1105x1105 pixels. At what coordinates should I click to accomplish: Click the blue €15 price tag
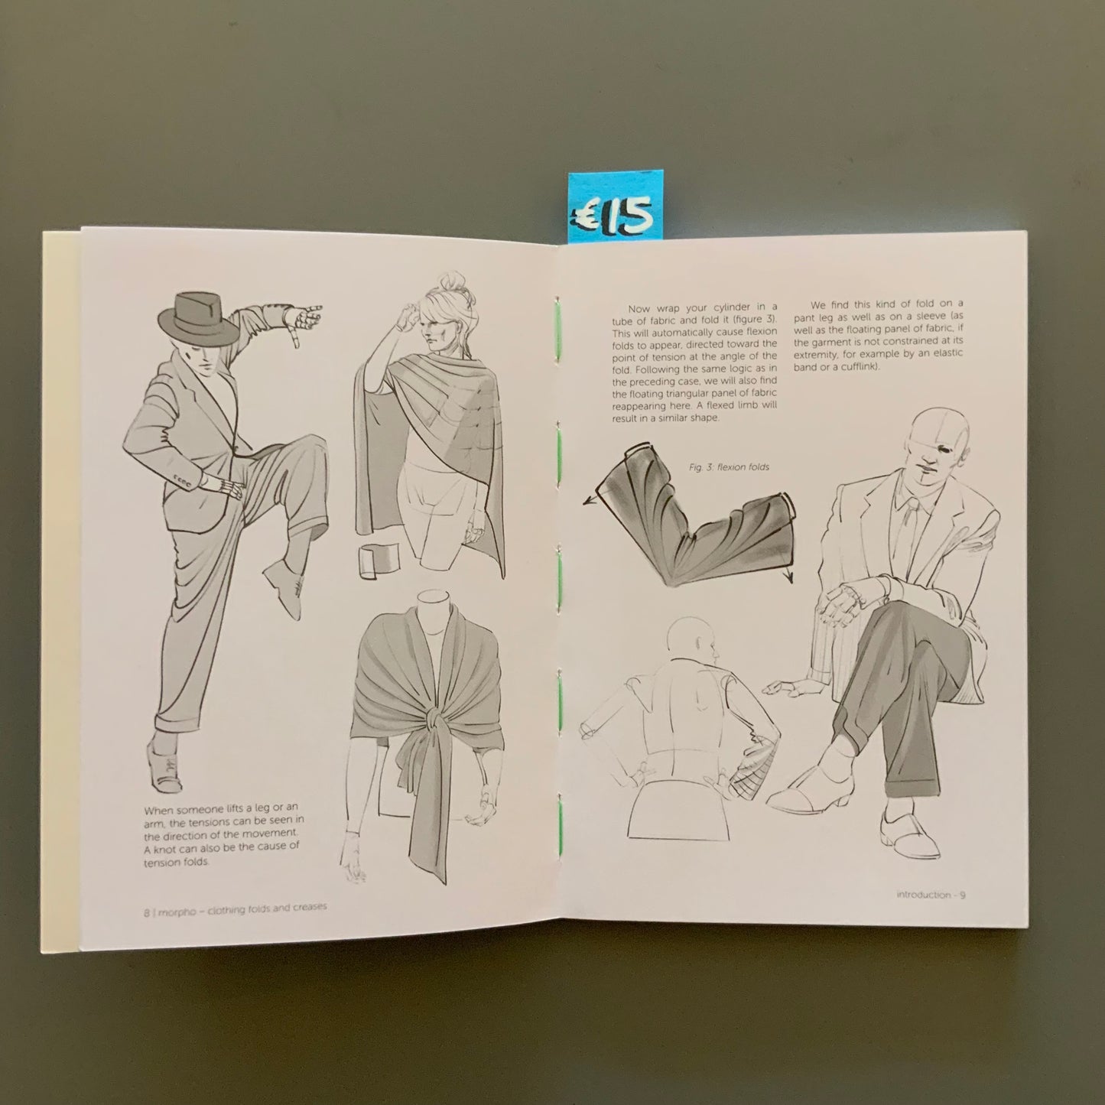click(612, 207)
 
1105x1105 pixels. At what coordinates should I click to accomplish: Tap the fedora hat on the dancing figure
click(198, 319)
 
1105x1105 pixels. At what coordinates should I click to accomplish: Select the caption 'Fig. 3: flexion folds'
click(729, 466)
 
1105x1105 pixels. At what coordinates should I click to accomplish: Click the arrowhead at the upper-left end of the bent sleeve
click(588, 501)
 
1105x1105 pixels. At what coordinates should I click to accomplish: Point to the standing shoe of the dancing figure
click(163, 768)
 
